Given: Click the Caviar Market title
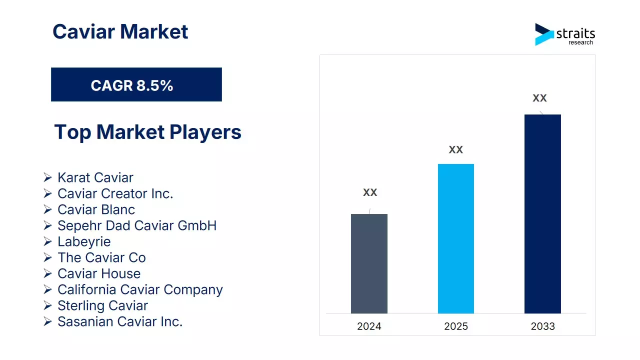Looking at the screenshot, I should [x=120, y=32].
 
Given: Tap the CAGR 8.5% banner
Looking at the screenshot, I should [x=136, y=85].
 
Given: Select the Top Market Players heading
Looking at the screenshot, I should [x=147, y=132].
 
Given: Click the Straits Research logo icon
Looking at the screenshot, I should [x=544, y=34].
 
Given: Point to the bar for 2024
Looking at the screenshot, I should [x=369, y=263].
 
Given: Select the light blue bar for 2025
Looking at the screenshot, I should [x=455, y=238].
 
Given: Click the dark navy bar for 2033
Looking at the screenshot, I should [x=542, y=213].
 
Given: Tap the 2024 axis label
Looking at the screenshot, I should [x=369, y=326].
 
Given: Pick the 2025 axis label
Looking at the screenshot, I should [x=455, y=326].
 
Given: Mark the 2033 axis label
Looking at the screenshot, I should [x=542, y=326].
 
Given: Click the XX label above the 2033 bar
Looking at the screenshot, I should [x=539, y=98].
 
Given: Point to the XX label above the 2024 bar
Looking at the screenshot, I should [x=370, y=192].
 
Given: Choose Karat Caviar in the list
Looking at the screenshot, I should [x=95, y=177].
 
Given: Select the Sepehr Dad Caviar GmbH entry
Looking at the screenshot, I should [x=137, y=225].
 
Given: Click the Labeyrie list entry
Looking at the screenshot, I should [x=84, y=241].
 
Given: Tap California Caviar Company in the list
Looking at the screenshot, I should [x=140, y=289].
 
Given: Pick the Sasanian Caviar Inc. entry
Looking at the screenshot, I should [x=120, y=321].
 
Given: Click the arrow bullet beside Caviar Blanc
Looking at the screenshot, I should [x=47, y=209].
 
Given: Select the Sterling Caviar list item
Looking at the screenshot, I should [x=102, y=305].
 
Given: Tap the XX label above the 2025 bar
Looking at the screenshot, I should [x=455, y=149].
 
